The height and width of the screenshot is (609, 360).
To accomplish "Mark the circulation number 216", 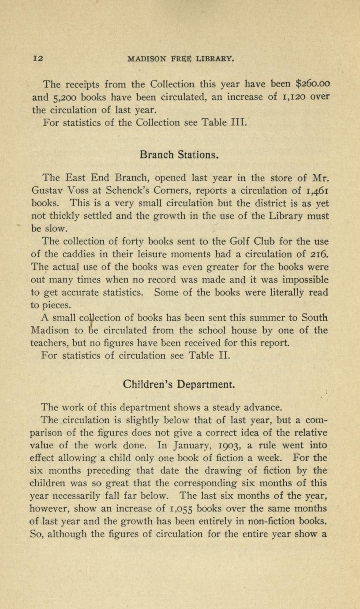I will click(x=319, y=254).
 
